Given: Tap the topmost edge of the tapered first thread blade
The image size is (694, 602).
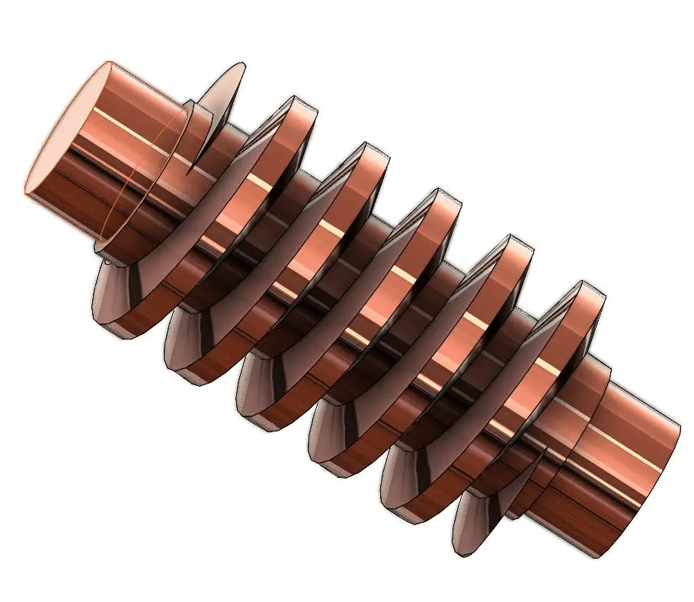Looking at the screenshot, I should [241, 64].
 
